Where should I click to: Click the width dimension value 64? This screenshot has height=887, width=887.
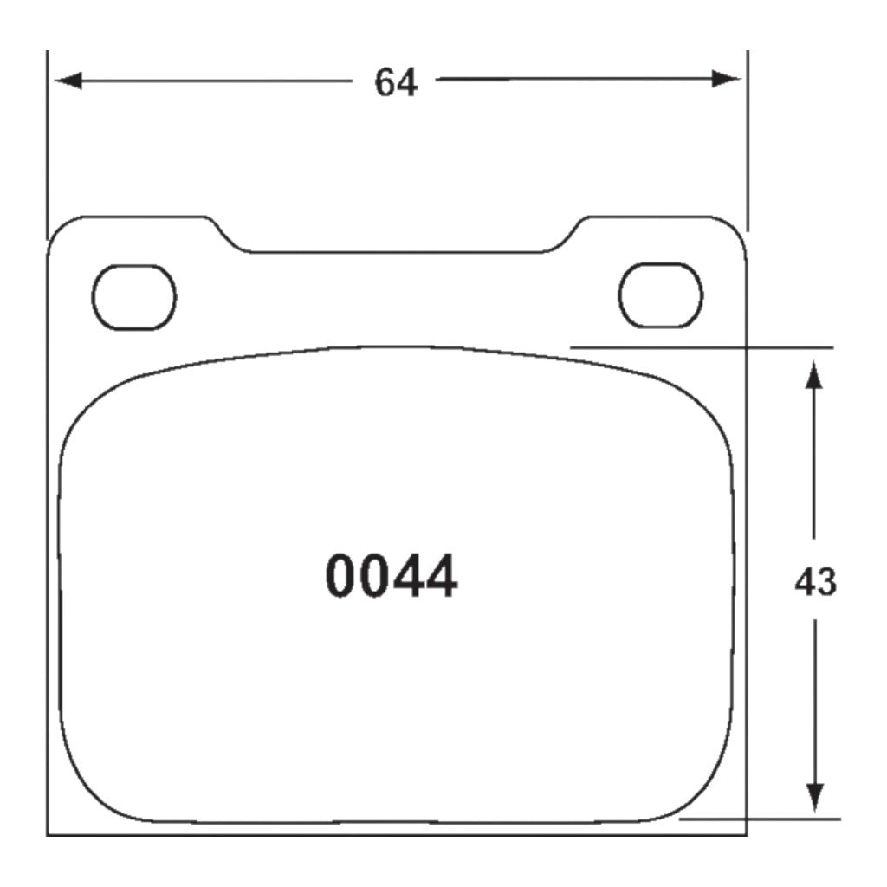tap(396, 82)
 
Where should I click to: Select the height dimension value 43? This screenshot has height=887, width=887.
tap(815, 583)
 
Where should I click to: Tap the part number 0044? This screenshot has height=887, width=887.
tap(392, 578)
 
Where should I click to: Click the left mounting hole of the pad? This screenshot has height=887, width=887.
tap(134, 297)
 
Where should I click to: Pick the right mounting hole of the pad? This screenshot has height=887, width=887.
tap(660, 295)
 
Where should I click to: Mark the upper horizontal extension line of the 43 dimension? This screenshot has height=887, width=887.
tap(702, 347)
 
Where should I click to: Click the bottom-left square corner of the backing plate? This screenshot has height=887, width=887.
tap(48, 835)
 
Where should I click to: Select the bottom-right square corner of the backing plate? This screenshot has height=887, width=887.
tap(746, 835)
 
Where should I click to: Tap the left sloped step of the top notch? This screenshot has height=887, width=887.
tap(227, 236)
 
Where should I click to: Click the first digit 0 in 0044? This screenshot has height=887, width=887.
tap(341, 578)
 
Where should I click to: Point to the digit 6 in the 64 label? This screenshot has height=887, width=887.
tap(385, 82)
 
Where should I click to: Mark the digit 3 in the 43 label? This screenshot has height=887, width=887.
tap(826, 583)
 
